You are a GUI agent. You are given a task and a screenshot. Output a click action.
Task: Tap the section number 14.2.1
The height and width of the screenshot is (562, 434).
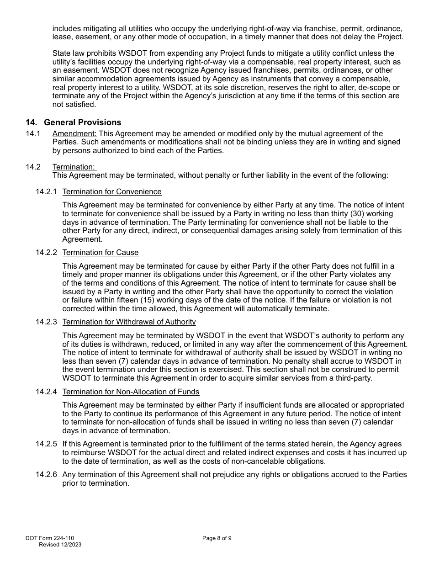46,192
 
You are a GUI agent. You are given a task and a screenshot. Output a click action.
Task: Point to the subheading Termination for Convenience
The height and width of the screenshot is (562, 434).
112,192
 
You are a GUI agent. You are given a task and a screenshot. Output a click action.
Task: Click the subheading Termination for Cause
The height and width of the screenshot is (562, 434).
101,253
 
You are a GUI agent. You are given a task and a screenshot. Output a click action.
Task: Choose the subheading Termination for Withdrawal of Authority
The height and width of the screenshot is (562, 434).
129,322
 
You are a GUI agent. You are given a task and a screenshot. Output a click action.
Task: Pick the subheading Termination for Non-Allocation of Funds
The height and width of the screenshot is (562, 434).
131,392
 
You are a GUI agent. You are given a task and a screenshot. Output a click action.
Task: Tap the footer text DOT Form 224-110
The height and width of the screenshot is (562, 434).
50,538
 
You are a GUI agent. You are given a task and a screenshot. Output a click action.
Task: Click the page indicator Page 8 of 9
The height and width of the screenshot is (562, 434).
217,538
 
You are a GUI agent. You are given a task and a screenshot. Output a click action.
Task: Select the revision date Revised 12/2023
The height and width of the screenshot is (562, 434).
60,545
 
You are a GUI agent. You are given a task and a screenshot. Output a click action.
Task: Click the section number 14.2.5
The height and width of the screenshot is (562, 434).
46,444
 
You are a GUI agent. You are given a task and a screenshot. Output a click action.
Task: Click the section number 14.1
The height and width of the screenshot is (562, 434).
33,134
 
